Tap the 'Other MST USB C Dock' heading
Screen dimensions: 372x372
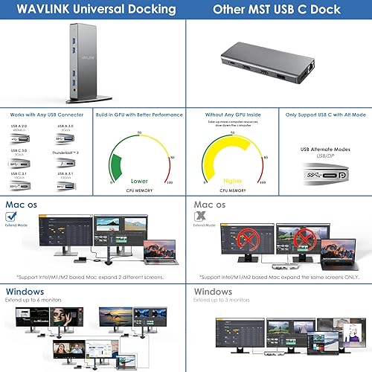coord(277,10)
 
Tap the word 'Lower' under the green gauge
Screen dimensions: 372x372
coord(138,180)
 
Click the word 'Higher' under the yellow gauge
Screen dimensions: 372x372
coord(232,180)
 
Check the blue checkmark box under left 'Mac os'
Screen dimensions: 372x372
coord(11,217)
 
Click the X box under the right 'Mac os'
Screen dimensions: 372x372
coord(199,217)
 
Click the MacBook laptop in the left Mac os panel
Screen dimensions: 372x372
coord(159,249)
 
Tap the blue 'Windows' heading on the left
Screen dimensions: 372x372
coord(26,292)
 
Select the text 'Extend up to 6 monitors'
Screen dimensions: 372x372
coord(34,301)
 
